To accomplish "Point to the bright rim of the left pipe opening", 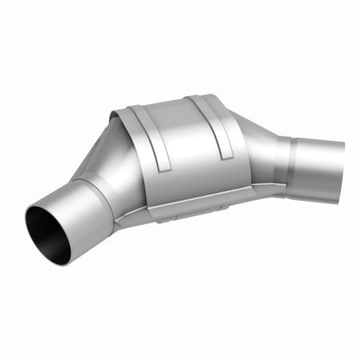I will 31,220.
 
